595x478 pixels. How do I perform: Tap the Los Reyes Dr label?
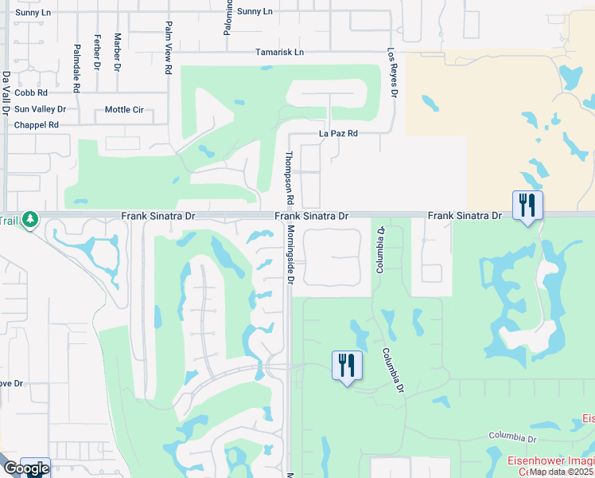[391, 72]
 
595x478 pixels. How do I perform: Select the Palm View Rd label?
[169, 48]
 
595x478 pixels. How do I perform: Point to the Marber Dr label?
[118, 49]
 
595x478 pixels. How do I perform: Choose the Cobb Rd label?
[31, 93]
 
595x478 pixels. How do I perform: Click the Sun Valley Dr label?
[40, 109]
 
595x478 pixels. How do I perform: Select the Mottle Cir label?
[124, 109]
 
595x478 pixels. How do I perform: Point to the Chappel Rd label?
[37, 125]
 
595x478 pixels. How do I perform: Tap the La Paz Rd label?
[338, 133]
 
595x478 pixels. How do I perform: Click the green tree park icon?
[30, 218]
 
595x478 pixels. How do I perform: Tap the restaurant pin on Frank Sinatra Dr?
[527, 206]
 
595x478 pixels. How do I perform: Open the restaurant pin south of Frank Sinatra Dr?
[346, 366]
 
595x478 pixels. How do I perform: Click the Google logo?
[26, 468]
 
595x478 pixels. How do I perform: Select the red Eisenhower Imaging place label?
[552, 460]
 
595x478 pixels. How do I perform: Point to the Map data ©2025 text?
[562, 472]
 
